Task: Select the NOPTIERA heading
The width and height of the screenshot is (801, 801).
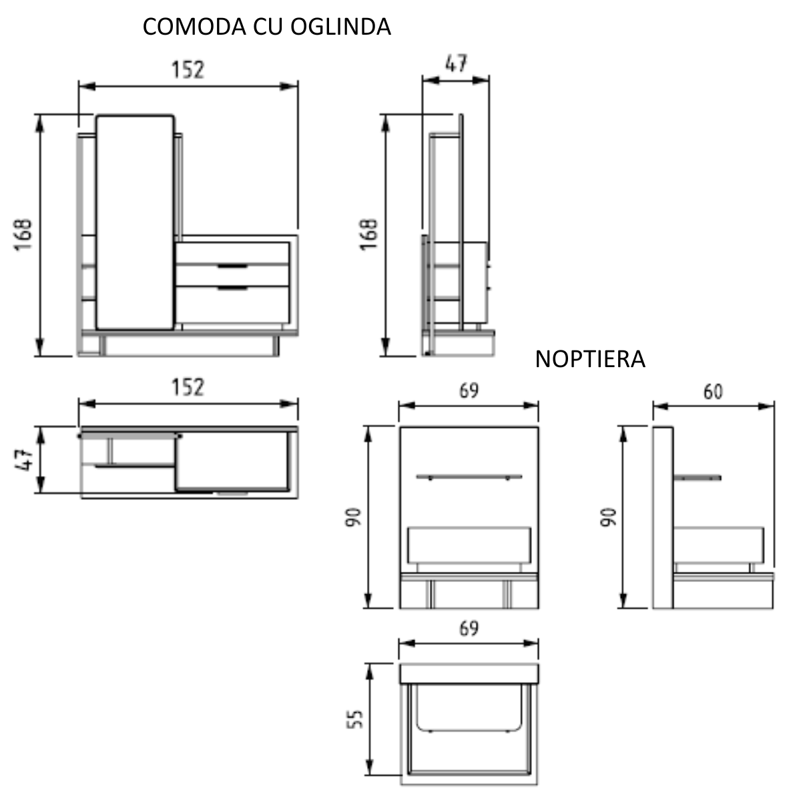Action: click(590, 359)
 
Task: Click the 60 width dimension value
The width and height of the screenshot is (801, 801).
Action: click(713, 392)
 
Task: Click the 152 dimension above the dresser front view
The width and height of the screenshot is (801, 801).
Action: click(188, 70)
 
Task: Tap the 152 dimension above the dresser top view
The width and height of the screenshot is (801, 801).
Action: click(188, 387)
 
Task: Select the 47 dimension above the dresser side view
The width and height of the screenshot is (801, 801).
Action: click(456, 63)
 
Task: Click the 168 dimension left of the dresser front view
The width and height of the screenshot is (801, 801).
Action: click(25, 234)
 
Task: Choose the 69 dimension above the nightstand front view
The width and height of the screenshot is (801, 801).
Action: click(469, 390)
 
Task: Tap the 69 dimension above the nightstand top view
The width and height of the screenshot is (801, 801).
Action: click(469, 628)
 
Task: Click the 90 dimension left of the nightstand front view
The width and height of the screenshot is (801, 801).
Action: click(353, 517)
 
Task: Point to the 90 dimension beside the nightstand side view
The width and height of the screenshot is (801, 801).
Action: click(608, 517)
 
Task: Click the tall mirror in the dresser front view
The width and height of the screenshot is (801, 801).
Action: click(136, 222)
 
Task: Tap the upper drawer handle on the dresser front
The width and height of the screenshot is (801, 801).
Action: click(232, 266)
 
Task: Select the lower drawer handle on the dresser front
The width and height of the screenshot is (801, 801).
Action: click(232, 288)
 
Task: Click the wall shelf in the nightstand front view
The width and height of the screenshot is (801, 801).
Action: click(469, 477)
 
